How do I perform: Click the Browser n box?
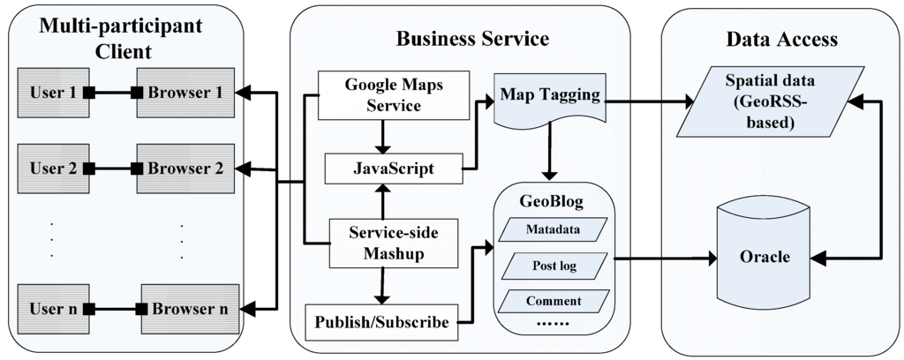(189, 309)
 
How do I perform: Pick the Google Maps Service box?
(381, 95)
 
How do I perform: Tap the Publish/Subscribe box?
(380, 323)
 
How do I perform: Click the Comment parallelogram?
(554, 301)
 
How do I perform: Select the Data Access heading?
(780, 39)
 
